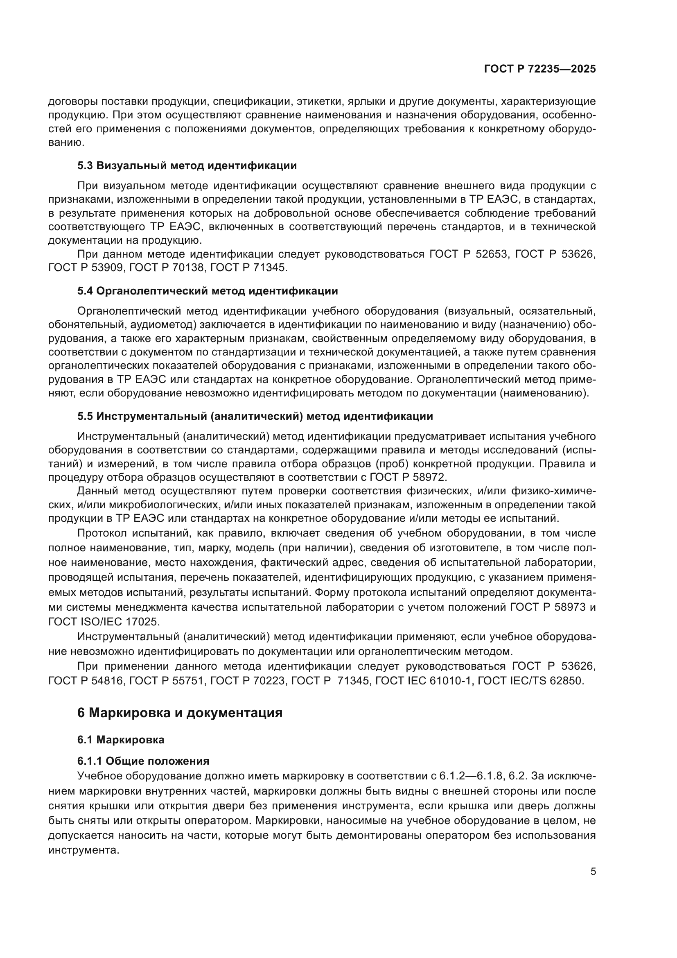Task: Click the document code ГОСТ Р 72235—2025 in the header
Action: click(540, 69)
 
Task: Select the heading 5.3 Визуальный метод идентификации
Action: click(187, 165)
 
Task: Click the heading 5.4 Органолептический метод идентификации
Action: click(208, 291)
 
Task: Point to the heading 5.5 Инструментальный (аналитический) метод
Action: click(255, 416)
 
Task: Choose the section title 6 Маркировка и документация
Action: click(180, 712)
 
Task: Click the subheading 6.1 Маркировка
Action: click(121, 740)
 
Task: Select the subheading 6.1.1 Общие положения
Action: click(143, 761)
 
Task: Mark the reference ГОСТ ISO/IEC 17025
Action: click(104, 622)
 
